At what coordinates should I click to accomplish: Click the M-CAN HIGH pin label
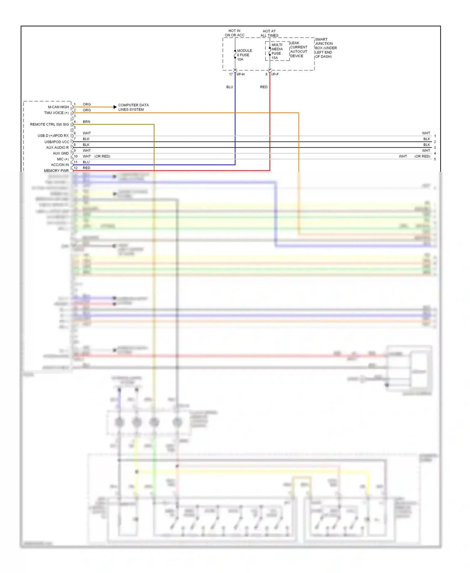[58, 107]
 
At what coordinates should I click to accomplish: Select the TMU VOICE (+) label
[56, 113]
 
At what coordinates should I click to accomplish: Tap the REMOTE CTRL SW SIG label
[50, 124]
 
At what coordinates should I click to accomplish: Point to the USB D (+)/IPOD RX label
[53, 136]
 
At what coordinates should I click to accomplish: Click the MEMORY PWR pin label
[56, 171]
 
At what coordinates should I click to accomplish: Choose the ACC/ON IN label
[60, 165]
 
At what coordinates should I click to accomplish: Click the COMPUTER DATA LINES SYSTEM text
[133, 107]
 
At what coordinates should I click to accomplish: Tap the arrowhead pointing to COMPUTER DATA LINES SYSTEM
[115, 107]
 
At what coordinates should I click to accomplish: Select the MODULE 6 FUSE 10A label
[244, 55]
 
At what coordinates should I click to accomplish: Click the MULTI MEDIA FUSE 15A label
[277, 51]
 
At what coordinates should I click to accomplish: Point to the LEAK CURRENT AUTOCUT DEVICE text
[299, 50]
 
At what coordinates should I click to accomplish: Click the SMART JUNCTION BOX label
[326, 48]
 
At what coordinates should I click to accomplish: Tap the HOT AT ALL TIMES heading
[269, 33]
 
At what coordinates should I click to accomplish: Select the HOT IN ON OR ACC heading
[235, 33]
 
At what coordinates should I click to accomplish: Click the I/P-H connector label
[241, 74]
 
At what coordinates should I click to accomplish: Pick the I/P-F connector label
[275, 74]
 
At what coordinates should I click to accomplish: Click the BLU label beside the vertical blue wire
[230, 87]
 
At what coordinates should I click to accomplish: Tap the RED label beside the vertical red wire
[264, 87]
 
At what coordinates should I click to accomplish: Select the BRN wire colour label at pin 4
[86, 122]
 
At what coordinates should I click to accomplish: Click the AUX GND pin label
[61, 153]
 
